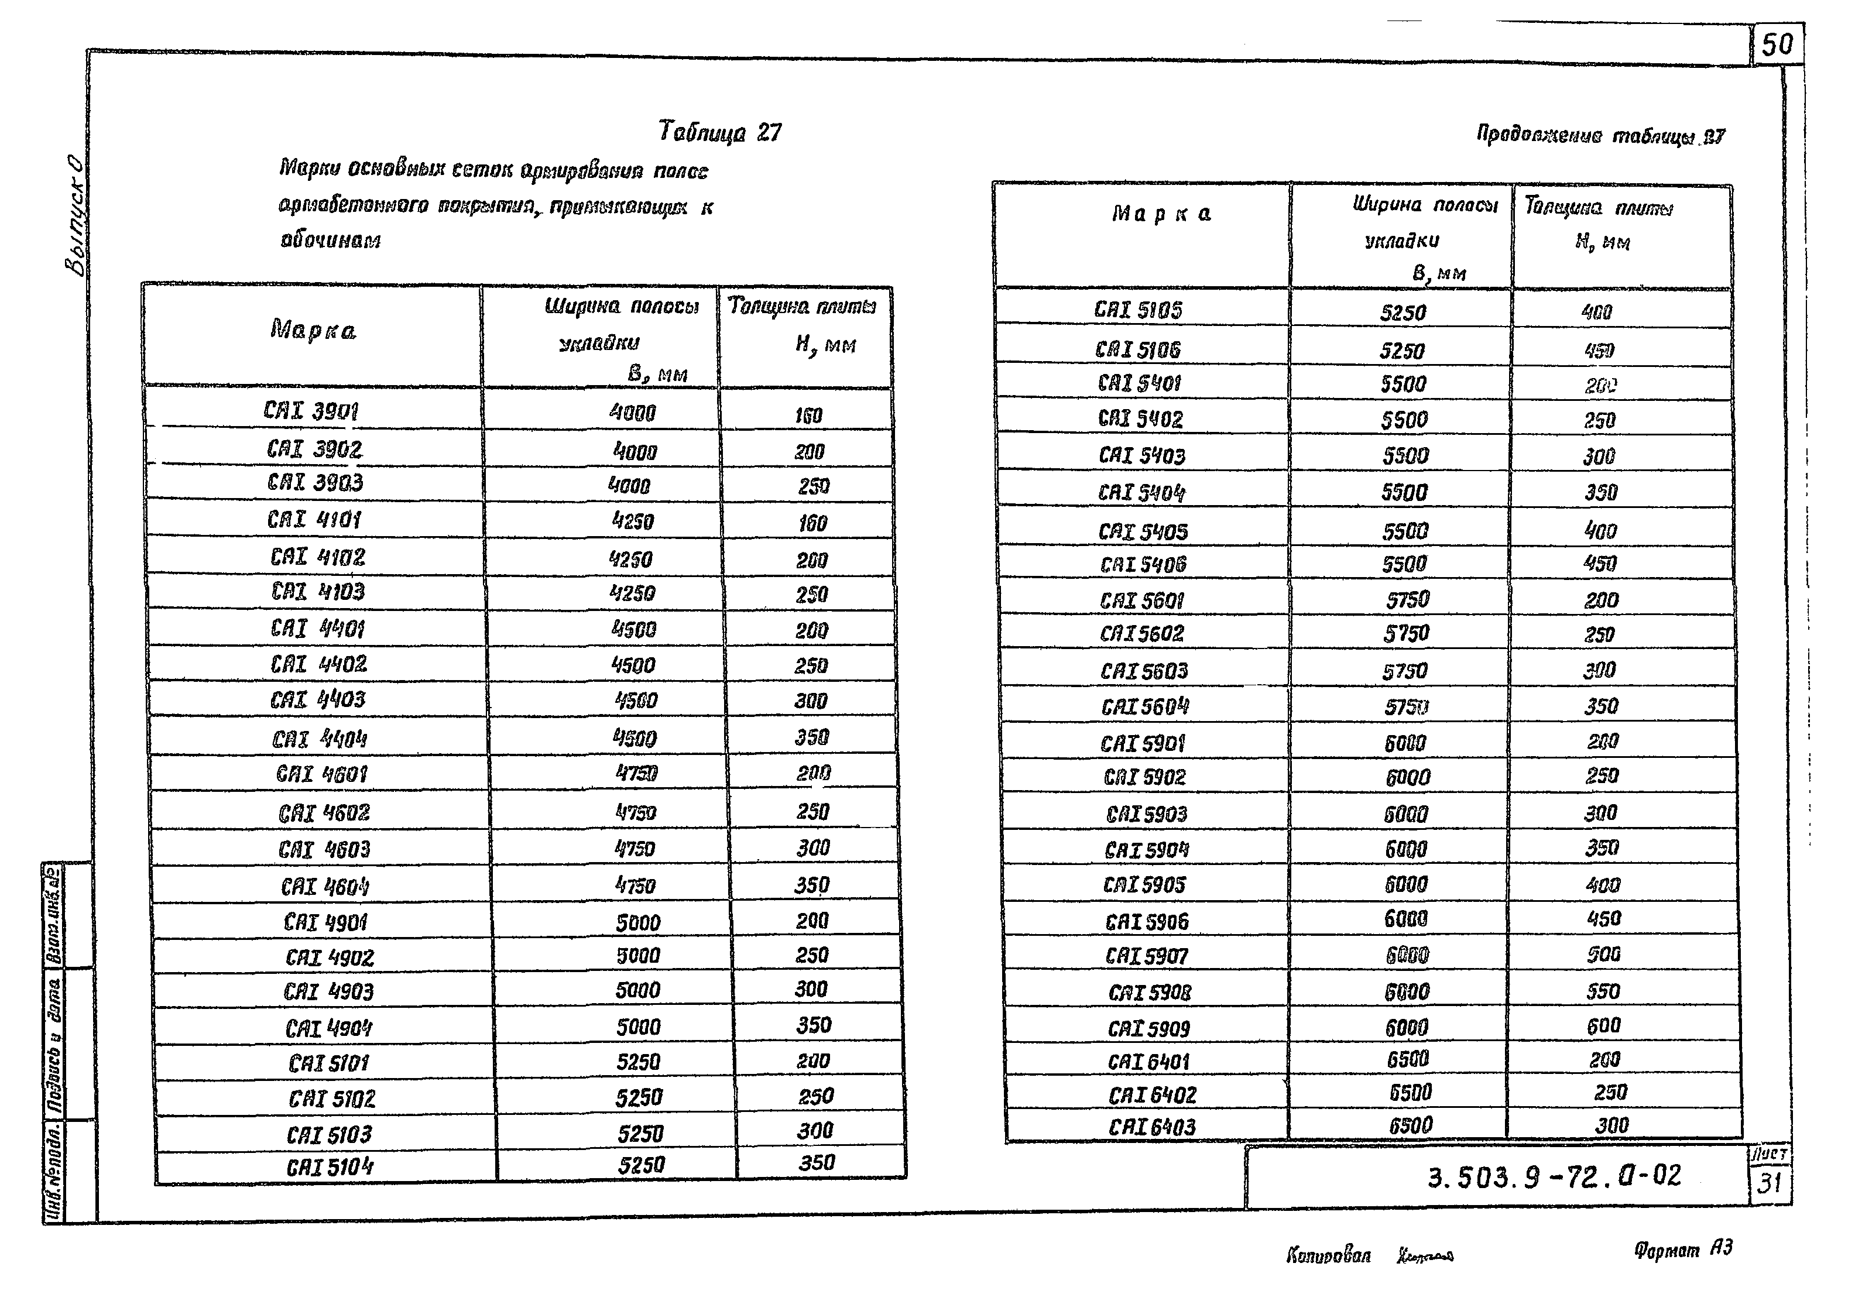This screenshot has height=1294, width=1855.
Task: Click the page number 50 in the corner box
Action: (x=1777, y=44)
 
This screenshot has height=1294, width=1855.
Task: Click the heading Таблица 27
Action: (x=720, y=132)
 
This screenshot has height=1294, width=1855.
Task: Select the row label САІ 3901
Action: (x=311, y=411)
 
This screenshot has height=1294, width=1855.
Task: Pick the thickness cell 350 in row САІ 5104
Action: (x=816, y=1162)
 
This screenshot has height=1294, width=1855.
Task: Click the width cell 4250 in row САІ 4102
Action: (x=631, y=559)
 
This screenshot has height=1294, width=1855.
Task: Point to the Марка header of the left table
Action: (x=313, y=330)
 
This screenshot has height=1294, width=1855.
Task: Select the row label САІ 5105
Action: (x=1139, y=310)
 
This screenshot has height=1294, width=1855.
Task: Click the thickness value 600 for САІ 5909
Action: (x=1603, y=1026)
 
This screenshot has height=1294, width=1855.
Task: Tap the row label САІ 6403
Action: (x=1151, y=1127)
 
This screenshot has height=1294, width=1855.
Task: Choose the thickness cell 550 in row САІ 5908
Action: (x=1602, y=991)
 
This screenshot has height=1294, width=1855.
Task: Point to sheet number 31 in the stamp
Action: (x=1770, y=1183)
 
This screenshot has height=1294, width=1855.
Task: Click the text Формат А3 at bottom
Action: (x=1683, y=1250)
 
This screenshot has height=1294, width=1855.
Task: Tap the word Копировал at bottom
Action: (x=1328, y=1255)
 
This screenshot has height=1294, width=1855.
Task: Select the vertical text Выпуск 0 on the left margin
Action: (x=74, y=214)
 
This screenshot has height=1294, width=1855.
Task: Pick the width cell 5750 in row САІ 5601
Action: (x=1407, y=599)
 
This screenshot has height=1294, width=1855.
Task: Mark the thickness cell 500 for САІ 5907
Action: (x=1603, y=955)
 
